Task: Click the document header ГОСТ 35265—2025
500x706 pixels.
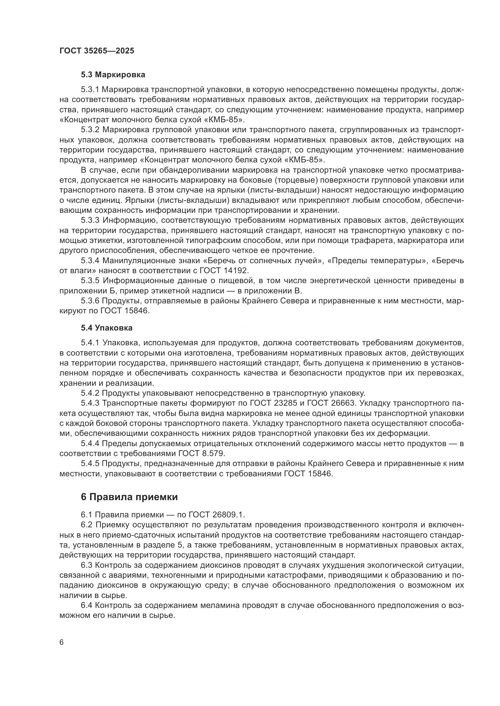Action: pos(97,51)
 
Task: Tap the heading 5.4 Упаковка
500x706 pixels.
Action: pos(106,328)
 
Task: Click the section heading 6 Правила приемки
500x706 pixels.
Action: pos(129,497)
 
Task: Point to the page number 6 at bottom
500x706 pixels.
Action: pos(62,643)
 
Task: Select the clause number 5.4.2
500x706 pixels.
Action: pos(90,393)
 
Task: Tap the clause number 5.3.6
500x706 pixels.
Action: pos(90,301)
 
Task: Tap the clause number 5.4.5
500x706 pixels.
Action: pos(90,464)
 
